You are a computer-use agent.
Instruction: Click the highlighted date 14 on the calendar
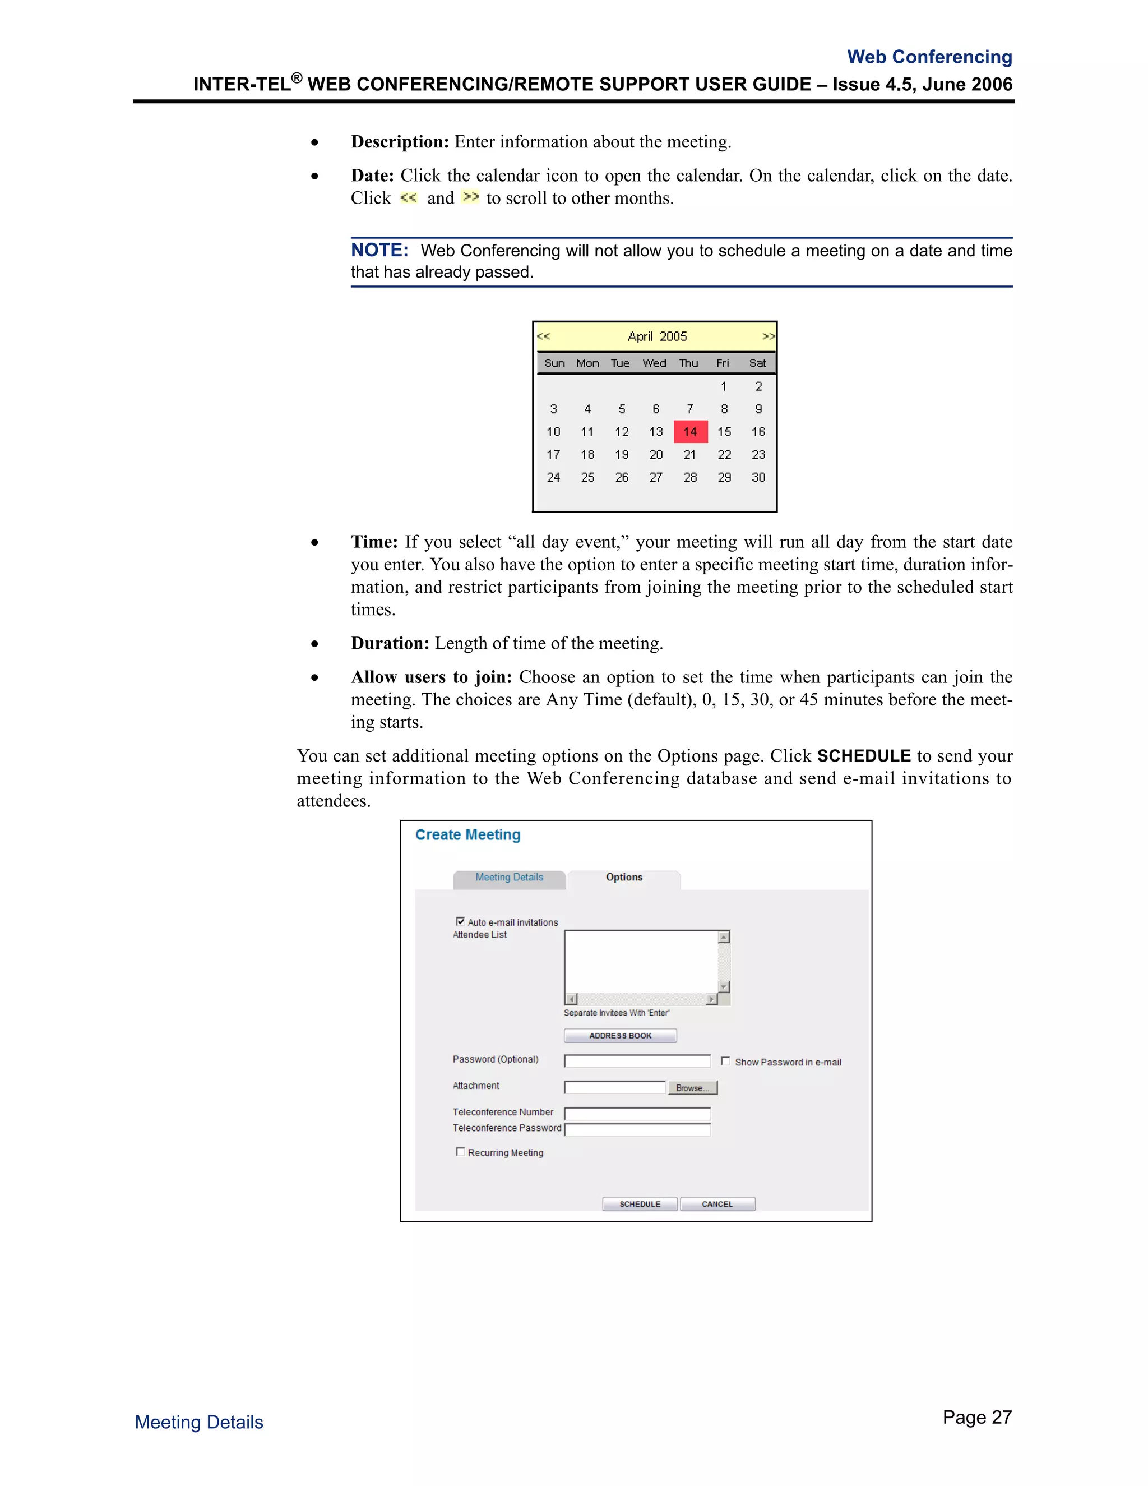click(x=690, y=432)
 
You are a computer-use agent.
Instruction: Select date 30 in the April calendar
click(x=758, y=478)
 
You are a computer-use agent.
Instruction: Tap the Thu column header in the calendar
click(x=688, y=363)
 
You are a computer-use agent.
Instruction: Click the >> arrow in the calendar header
click(x=768, y=336)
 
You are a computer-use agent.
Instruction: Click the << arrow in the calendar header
click(x=543, y=336)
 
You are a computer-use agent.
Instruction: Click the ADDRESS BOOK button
click(x=621, y=1036)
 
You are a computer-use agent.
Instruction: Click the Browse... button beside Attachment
click(x=692, y=1088)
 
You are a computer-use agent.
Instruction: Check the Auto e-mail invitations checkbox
click(x=460, y=921)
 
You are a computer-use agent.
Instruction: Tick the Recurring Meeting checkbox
click(x=460, y=1152)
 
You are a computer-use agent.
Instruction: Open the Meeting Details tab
click(x=509, y=878)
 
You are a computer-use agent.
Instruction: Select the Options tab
click(x=624, y=878)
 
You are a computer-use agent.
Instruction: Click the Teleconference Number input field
click(x=637, y=1113)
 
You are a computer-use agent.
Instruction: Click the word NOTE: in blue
click(x=379, y=251)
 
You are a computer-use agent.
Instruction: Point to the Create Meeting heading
click(x=468, y=835)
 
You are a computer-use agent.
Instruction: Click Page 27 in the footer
click(x=976, y=1417)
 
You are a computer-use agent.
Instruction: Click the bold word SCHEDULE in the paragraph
click(x=864, y=756)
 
